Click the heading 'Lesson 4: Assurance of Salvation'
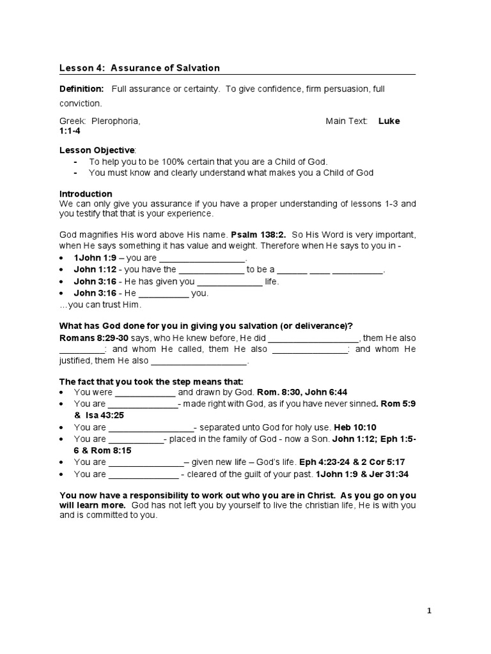point(139,68)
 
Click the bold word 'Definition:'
point(81,89)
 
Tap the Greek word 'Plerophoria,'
point(116,121)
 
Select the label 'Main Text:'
point(347,121)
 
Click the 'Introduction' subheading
point(86,194)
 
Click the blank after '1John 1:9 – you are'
point(202,258)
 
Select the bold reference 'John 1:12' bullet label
point(95,270)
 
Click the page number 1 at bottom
point(430,611)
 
